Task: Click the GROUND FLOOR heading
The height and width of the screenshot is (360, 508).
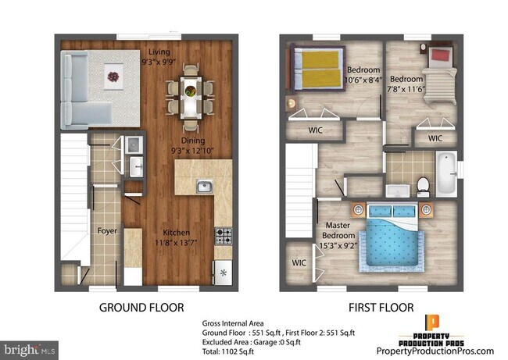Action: [146, 307]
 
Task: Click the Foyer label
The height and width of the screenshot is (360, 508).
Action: [106, 231]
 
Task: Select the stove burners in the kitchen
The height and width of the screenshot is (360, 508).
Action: [224, 233]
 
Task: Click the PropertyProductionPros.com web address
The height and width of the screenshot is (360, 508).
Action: [435, 351]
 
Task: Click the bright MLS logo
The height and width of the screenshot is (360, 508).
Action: [29, 348]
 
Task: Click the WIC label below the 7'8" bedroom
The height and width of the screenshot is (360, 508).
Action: [435, 138]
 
